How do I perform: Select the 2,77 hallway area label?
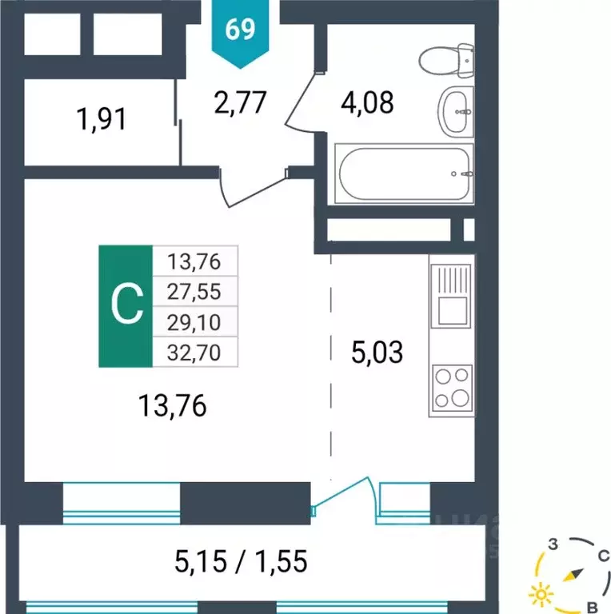point(240,103)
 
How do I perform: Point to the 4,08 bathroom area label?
point(367,102)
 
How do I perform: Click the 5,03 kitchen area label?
point(378,351)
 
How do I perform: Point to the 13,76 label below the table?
point(172,407)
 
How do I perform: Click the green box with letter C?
point(126,305)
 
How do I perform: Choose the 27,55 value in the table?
point(193,290)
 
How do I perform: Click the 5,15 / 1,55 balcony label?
point(241,562)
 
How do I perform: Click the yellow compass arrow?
point(573,575)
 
